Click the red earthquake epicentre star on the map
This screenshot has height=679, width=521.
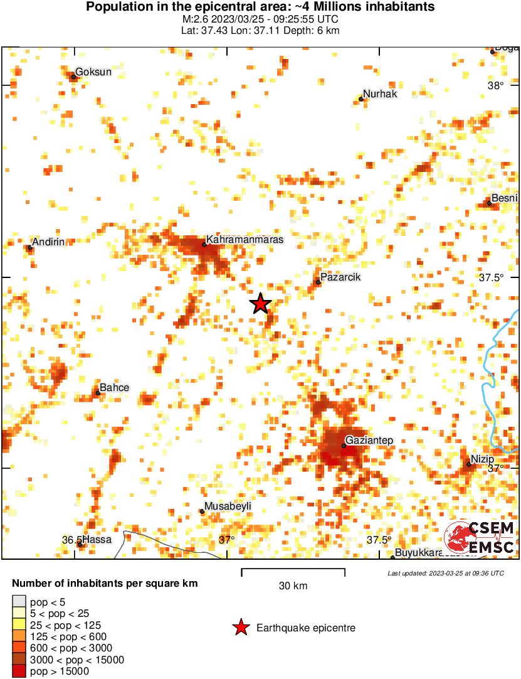pos(260,304)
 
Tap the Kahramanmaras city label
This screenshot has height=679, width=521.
pos(245,240)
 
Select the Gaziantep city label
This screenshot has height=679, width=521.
pos(369,441)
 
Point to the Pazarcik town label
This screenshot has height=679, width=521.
pos(340,277)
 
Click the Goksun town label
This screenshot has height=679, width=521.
pos(93,72)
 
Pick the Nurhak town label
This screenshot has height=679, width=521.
pos(380,94)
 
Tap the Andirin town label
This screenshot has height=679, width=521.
pos(48,242)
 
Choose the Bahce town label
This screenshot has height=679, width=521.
pos(114,387)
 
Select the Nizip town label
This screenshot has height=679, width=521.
pos(482,459)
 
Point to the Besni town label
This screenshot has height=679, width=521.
pos(504,198)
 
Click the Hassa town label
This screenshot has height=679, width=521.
pos(97,539)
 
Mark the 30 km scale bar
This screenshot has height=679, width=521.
pos(293,571)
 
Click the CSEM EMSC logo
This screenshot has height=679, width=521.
pos(479,538)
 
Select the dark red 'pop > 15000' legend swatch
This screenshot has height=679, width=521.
pos(19,671)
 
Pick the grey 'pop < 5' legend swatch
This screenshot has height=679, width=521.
pos(19,602)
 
